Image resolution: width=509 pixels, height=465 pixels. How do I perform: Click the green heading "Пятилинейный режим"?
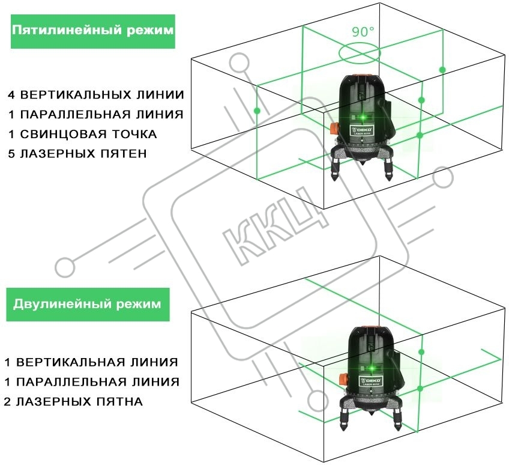[93, 30]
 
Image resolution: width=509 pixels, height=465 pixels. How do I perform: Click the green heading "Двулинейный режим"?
[87, 304]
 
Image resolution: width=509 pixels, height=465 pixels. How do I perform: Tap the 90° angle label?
[363, 31]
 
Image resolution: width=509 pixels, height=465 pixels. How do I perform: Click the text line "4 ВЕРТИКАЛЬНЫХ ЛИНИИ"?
[96, 95]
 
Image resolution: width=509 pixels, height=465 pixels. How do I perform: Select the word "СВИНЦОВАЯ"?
[64, 134]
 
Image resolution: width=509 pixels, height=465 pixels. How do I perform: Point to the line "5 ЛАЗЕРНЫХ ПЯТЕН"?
[77, 154]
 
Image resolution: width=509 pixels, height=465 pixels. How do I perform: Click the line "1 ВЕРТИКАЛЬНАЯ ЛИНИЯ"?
[91, 362]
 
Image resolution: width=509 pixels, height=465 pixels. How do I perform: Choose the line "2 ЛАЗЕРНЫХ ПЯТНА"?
[73, 402]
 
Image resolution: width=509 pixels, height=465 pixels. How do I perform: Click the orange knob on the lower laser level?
[344, 379]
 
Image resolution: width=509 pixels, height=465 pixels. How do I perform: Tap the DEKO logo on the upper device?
[362, 130]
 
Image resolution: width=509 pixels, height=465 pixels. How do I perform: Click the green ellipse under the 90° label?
[359, 53]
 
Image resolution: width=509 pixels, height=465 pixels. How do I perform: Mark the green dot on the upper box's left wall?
[257, 111]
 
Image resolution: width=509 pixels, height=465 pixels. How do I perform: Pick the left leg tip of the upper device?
[336, 178]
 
